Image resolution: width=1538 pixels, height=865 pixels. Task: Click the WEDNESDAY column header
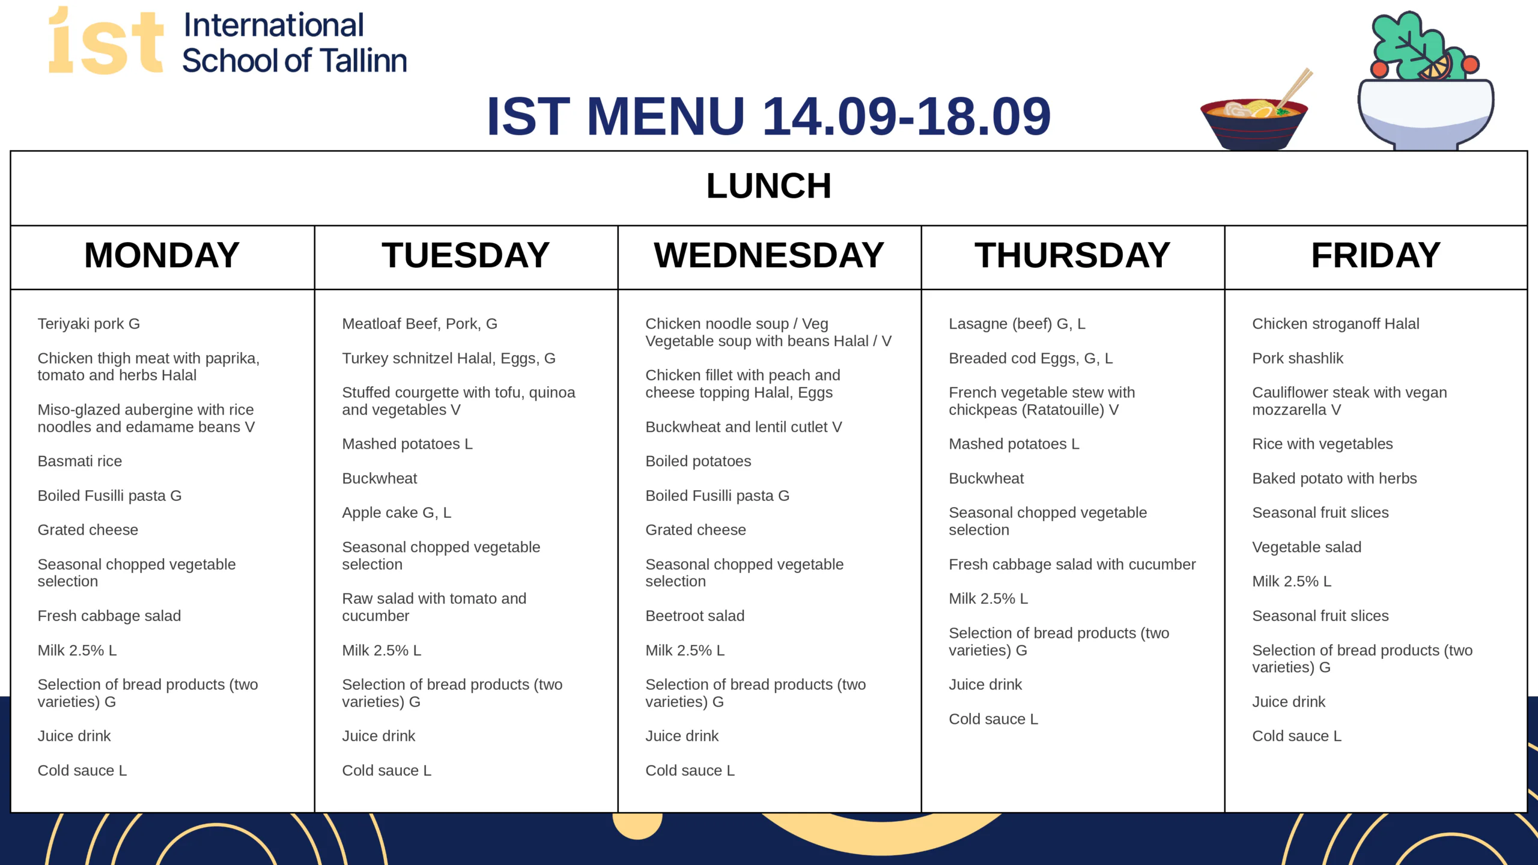[x=769, y=255]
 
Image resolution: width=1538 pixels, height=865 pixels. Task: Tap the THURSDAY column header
[x=1072, y=255]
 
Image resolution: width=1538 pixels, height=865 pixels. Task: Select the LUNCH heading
[x=769, y=186]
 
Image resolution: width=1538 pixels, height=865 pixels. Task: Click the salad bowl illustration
[x=1426, y=81]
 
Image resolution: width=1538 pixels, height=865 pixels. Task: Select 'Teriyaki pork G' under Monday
[x=89, y=324]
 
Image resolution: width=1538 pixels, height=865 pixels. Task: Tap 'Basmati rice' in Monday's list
[x=80, y=461]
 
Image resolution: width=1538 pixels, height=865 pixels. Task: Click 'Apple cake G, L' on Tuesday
[x=397, y=513]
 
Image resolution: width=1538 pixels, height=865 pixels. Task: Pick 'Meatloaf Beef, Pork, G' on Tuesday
[x=420, y=324]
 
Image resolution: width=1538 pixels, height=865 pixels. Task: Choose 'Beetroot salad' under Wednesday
[x=695, y=616]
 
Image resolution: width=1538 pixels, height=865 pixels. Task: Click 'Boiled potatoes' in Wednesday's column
[x=698, y=461]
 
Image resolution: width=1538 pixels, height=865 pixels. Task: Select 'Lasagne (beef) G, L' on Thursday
[x=1017, y=324]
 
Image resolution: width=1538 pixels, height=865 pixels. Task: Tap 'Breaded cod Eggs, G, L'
[x=1031, y=359]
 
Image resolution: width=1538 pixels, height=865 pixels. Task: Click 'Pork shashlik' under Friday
[x=1298, y=359]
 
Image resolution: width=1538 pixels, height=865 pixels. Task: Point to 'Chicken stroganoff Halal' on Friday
[x=1336, y=324]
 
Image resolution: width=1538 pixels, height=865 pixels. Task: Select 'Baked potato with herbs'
[x=1334, y=479]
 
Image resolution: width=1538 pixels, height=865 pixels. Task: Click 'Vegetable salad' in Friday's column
[x=1307, y=547]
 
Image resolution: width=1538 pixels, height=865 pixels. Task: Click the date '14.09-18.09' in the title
[x=907, y=116]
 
